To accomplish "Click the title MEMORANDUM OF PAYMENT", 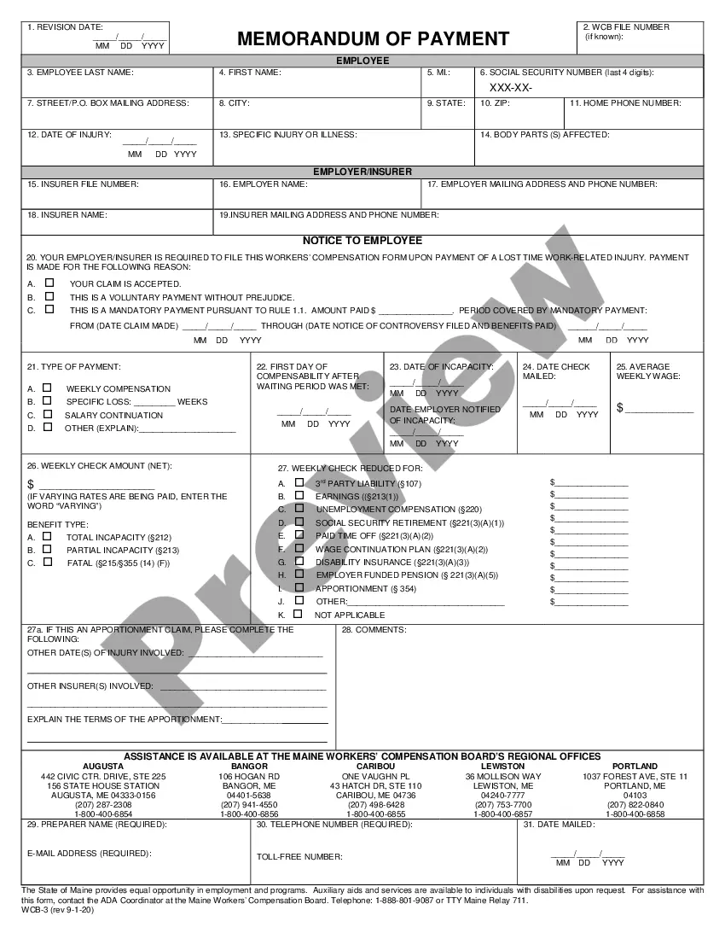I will pyautogui.click(x=373, y=38).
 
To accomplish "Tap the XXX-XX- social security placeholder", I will pyautogui.click(x=511, y=87).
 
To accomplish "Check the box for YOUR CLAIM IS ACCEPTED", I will pyautogui.click(x=49, y=283).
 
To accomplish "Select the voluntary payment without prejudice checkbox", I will pyautogui.click(x=49, y=296).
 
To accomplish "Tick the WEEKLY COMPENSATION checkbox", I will pyautogui.click(x=47, y=388).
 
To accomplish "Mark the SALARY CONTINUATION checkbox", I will pyautogui.click(x=47, y=414).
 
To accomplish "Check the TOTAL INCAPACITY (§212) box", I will pyautogui.click(x=47, y=537).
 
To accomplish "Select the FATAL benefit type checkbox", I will pyautogui.click(x=47, y=563).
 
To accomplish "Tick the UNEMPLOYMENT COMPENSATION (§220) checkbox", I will pyautogui.click(x=299, y=508).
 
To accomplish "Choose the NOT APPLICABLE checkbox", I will pyautogui.click(x=298, y=614).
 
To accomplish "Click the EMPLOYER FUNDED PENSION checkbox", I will pyautogui.click(x=299, y=574).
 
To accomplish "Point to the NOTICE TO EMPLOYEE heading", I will pyautogui.click(x=362, y=241).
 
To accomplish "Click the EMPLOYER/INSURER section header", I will pyautogui.click(x=362, y=172).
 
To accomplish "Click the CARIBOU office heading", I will pyautogui.click(x=375, y=767).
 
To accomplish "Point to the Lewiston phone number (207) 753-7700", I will pyautogui.click(x=503, y=805).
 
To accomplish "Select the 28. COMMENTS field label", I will pyautogui.click(x=374, y=630).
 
